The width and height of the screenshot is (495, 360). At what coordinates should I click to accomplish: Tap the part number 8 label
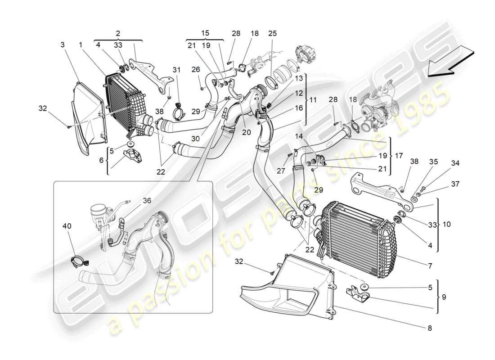point(429,328)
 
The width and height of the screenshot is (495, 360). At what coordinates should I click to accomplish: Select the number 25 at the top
point(273,33)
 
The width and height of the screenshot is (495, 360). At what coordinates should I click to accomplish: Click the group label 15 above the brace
point(205,33)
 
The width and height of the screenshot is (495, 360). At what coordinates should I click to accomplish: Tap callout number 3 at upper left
point(63,45)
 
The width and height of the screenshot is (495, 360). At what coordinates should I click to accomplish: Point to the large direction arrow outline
point(450,63)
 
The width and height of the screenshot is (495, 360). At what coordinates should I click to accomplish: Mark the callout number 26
point(195,69)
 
